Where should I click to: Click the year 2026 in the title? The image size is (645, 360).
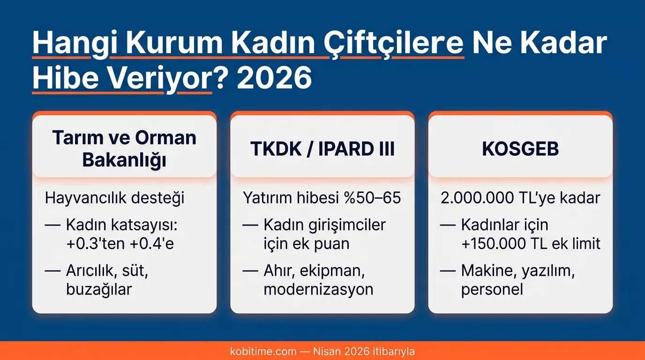[275, 79]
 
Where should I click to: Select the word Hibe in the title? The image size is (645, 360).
[61, 79]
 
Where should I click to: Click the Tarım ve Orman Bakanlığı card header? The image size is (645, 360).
[124, 149]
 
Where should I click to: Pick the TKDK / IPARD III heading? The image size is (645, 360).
[322, 149]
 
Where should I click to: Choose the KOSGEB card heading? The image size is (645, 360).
[520, 149]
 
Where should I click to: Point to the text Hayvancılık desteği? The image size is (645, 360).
[115, 198]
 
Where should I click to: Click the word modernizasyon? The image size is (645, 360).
[318, 289]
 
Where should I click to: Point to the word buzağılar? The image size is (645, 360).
[99, 289]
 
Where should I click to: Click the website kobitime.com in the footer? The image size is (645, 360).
[263, 351]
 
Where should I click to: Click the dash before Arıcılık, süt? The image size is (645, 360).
[52, 270]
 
